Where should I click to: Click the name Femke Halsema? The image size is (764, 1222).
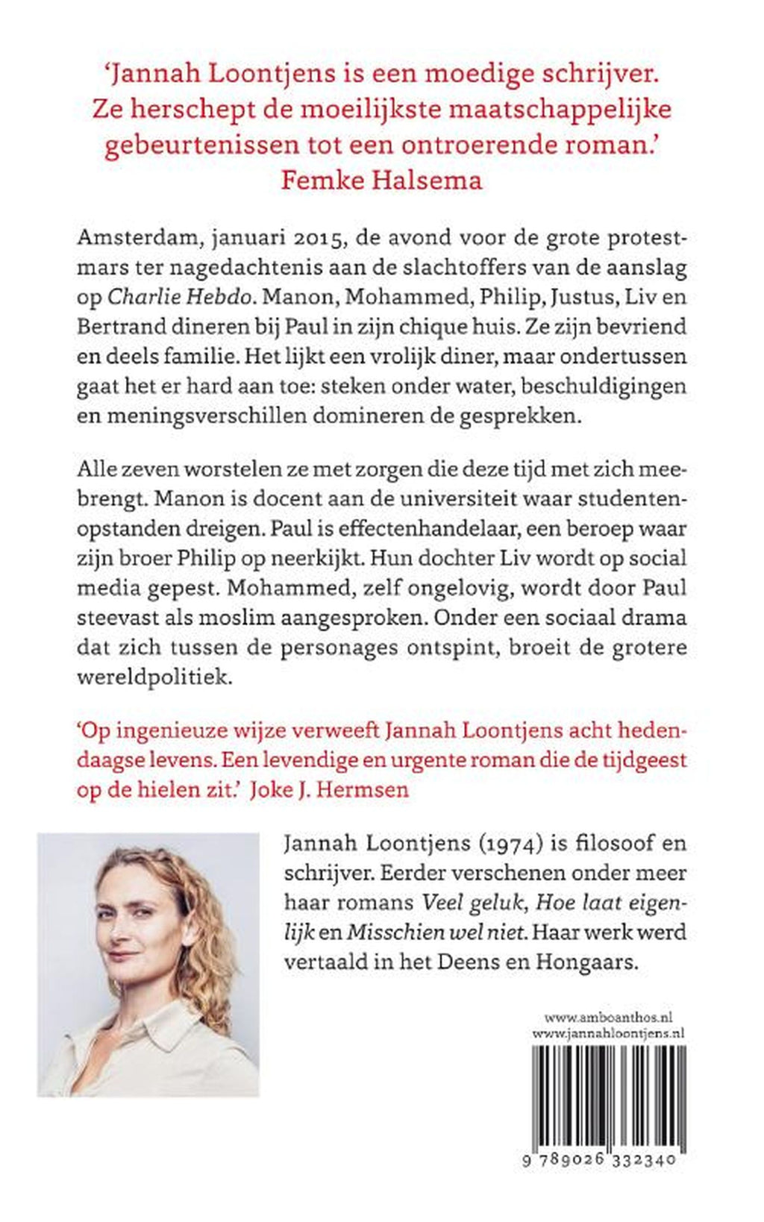tap(381, 180)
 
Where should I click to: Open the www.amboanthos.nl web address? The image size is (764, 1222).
tap(609, 1017)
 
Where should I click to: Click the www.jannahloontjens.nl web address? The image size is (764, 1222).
tap(609, 1033)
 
